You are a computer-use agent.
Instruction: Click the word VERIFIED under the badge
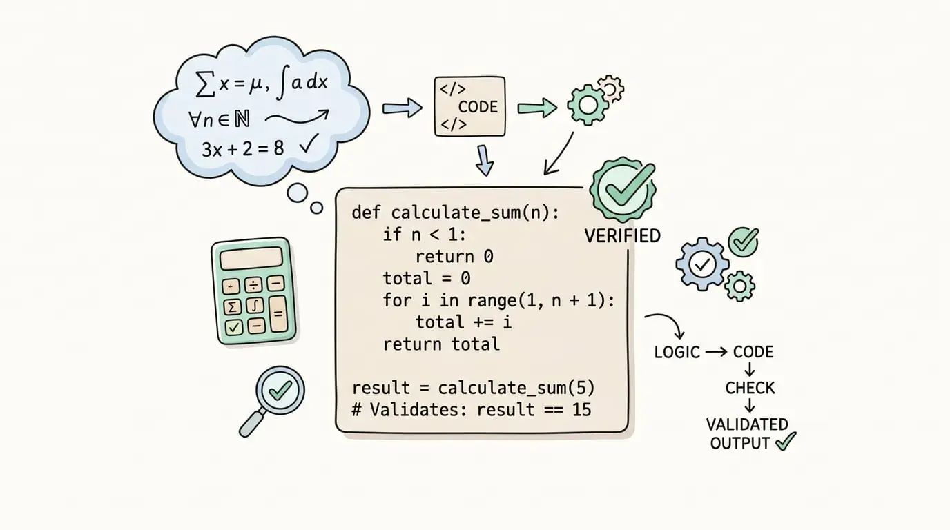pyautogui.click(x=622, y=236)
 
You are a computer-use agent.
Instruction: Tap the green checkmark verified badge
pyautogui.click(x=623, y=190)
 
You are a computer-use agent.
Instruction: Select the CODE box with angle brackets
pyautogui.click(x=470, y=106)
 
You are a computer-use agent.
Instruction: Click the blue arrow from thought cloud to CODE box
pyautogui.click(x=402, y=108)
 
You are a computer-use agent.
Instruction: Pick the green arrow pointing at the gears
pyautogui.click(x=537, y=108)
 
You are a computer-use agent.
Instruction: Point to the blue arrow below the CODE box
pyautogui.click(x=485, y=160)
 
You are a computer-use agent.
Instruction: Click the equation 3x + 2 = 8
pyautogui.click(x=242, y=149)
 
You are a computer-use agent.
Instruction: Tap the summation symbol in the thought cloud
pyautogui.click(x=206, y=84)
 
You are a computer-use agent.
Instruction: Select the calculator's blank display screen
pyautogui.click(x=251, y=259)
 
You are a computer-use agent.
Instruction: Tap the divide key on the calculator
pyautogui.click(x=253, y=285)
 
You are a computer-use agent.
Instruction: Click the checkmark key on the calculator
pyautogui.click(x=233, y=327)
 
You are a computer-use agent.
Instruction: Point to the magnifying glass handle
pyautogui.click(x=252, y=422)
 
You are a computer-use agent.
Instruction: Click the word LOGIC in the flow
pyautogui.click(x=677, y=353)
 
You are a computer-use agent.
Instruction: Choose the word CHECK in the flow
pyautogui.click(x=750, y=388)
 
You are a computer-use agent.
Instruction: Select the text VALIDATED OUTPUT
pyautogui.click(x=746, y=434)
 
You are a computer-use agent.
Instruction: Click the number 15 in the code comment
pyautogui.click(x=581, y=410)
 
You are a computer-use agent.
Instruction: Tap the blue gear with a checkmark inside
pyautogui.click(x=702, y=264)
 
